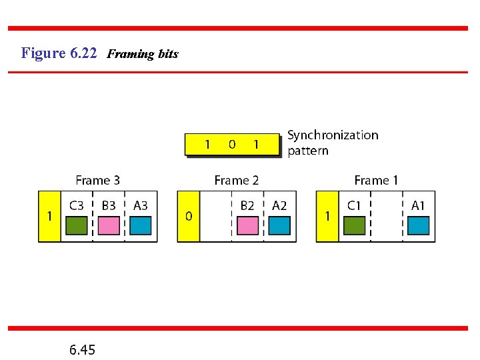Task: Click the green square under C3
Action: pos(77,226)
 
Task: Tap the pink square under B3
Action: pos(109,226)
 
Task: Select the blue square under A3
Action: pos(141,226)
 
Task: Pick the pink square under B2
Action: pos(247,226)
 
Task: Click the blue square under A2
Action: pos(279,226)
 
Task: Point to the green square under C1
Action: pos(354,226)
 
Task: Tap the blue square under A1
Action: pos(418,226)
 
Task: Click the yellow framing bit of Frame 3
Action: pos(49,217)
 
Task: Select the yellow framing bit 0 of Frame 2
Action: pos(189,217)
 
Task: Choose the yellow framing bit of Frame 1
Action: pos(327,217)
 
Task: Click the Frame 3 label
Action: pos(98,180)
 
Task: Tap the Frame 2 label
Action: pos(237,180)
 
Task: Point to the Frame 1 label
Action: pos(376,180)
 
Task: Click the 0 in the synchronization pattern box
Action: pos(231,144)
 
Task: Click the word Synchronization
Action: pos(333,135)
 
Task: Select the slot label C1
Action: pos(353,206)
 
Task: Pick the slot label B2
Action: pos(247,206)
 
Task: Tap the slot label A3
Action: pos(141,206)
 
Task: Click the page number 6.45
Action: pos(82,349)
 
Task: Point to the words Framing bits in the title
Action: pos(143,54)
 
